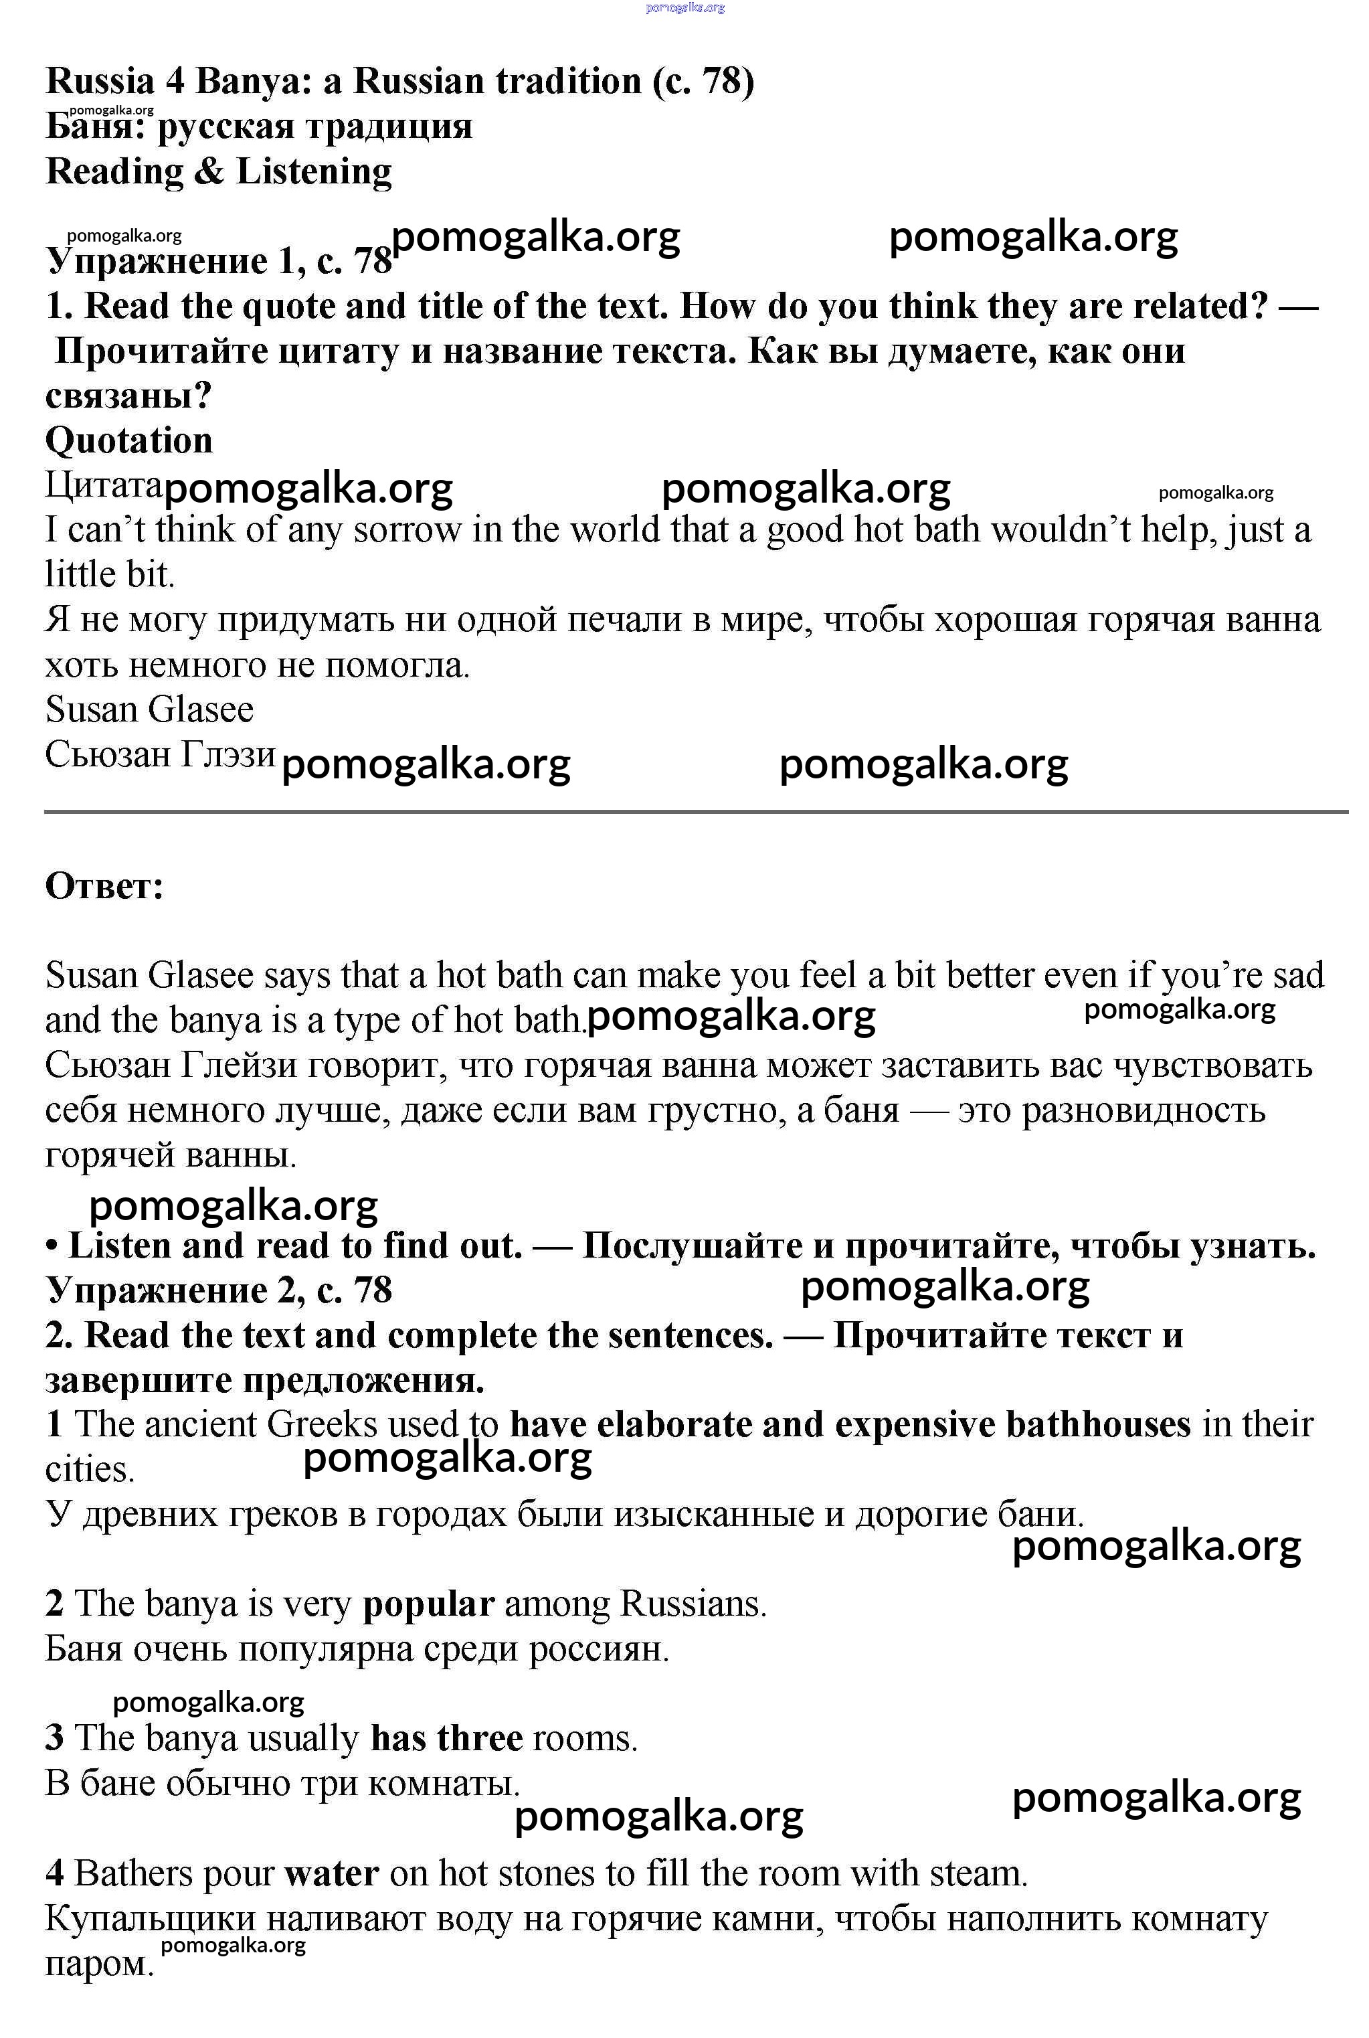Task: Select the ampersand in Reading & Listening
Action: (209, 171)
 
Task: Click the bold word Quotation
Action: (129, 440)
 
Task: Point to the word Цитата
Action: (103, 485)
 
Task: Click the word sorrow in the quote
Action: (407, 530)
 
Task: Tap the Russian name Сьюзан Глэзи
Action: (161, 754)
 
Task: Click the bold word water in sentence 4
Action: (331, 1873)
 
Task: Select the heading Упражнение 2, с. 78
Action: (218, 1290)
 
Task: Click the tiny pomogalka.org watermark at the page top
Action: (684, 8)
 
